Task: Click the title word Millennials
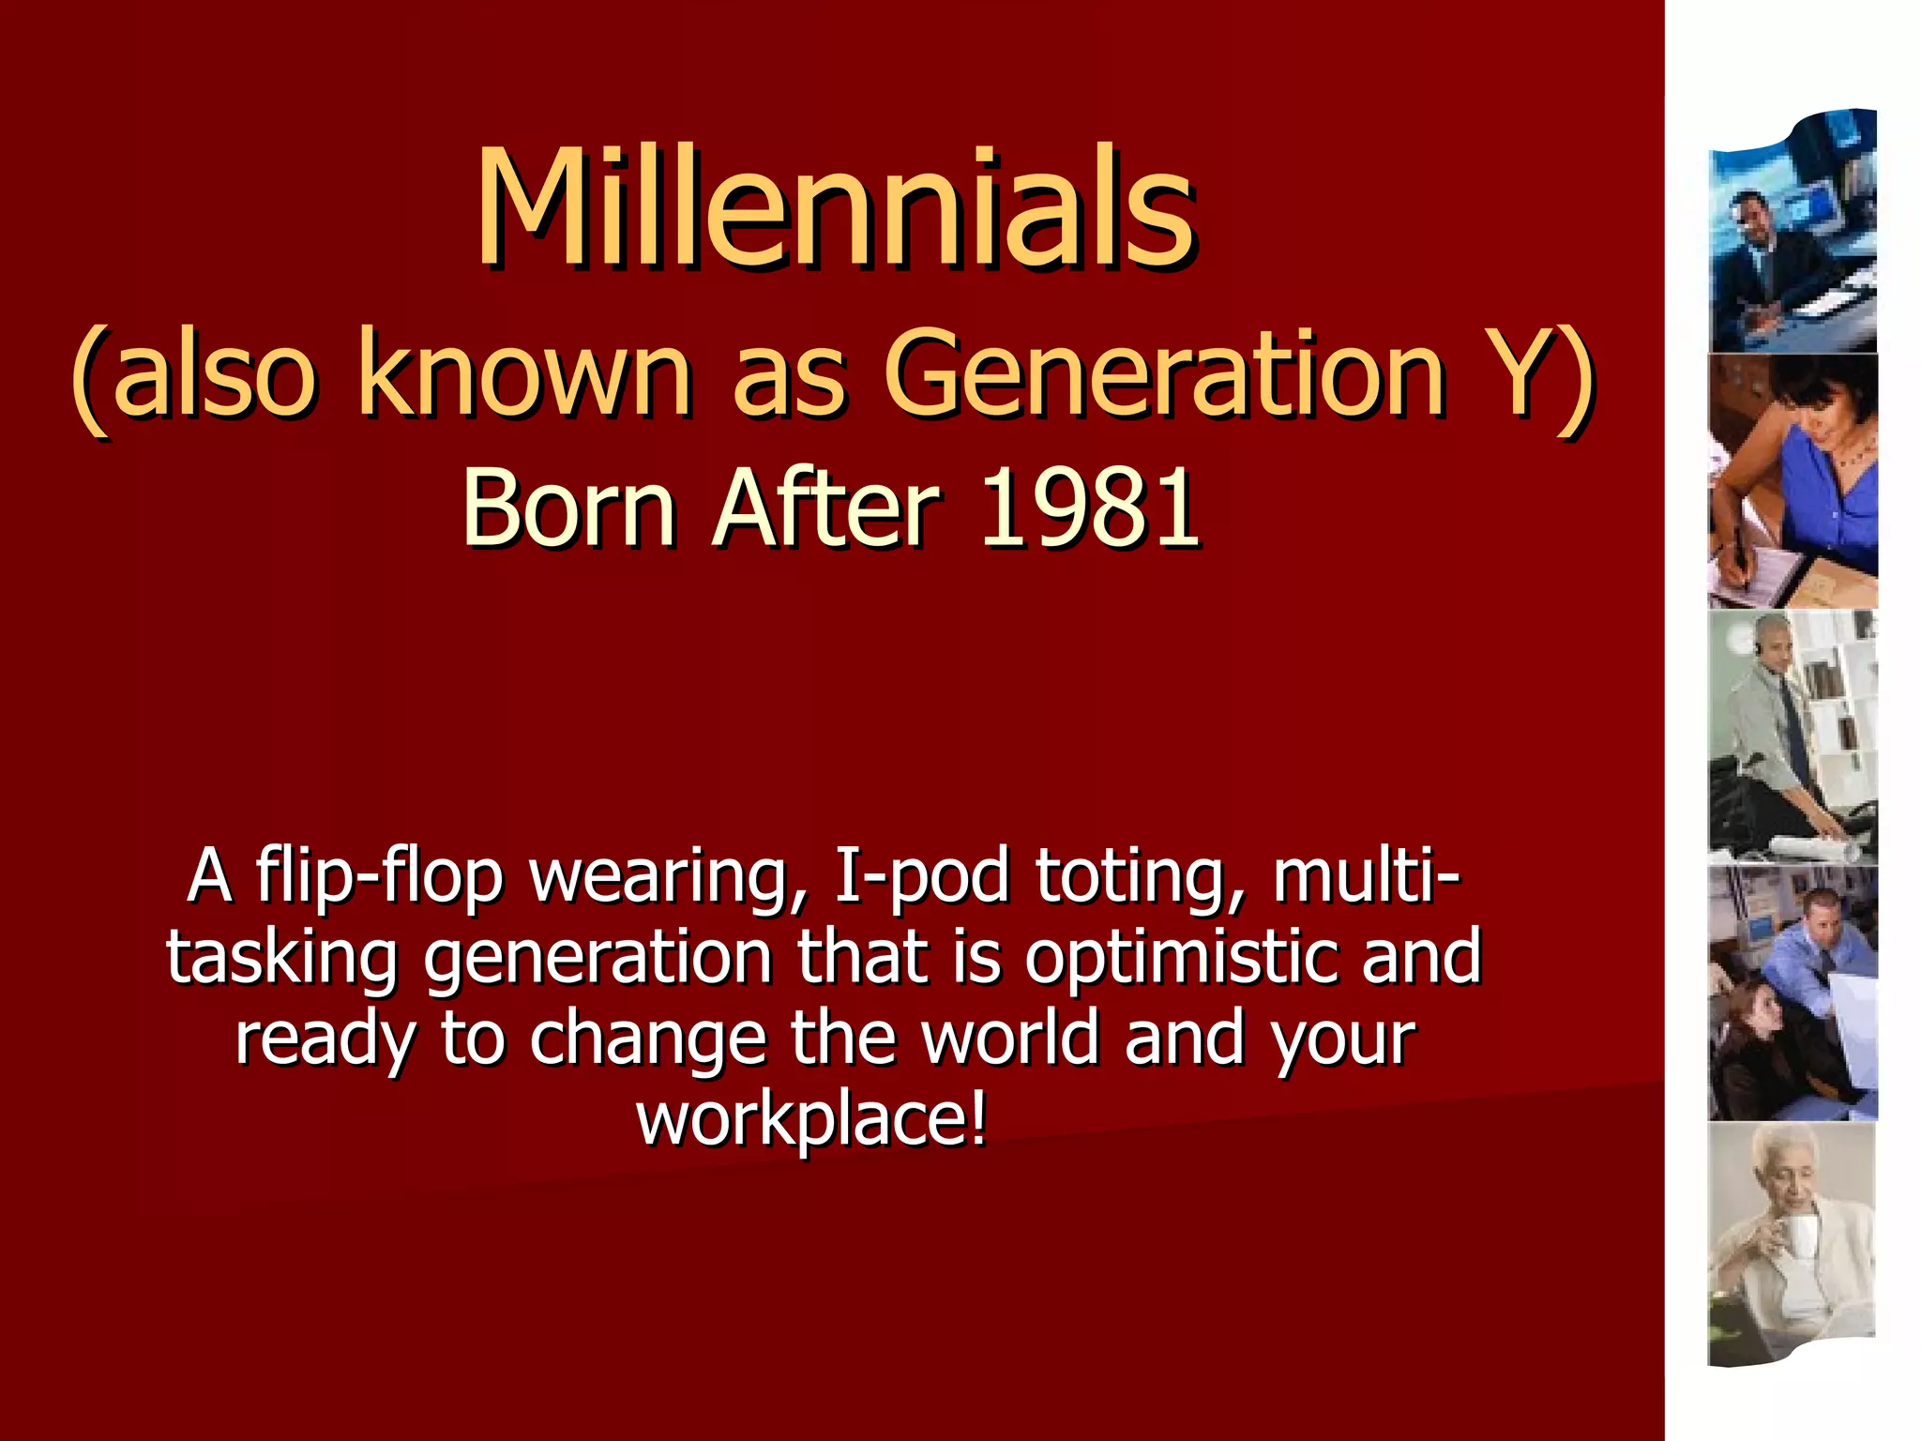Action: (835, 208)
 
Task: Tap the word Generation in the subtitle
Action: (1163, 373)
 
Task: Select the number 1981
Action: (1088, 508)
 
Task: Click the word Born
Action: (568, 508)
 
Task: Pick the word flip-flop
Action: (379, 876)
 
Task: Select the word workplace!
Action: (812, 1118)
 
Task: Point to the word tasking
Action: (281, 957)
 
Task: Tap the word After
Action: (825, 508)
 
